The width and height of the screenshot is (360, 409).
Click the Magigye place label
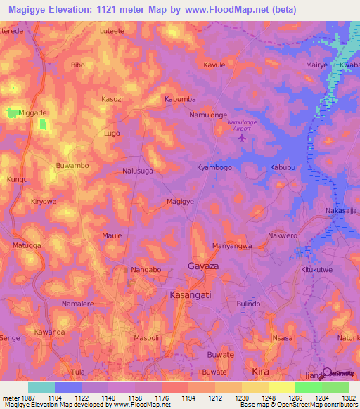(x=180, y=202)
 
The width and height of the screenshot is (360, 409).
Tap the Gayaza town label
(x=203, y=266)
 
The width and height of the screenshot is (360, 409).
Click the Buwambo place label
(x=72, y=166)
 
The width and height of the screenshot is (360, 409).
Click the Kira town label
(x=260, y=370)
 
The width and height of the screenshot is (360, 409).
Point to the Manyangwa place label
(x=232, y=246)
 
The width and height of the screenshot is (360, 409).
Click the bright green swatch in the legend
(x=308, y=387)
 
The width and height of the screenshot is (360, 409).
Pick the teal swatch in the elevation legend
(x=41, y=387)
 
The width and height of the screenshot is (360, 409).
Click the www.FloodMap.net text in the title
(x=226, y=9)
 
